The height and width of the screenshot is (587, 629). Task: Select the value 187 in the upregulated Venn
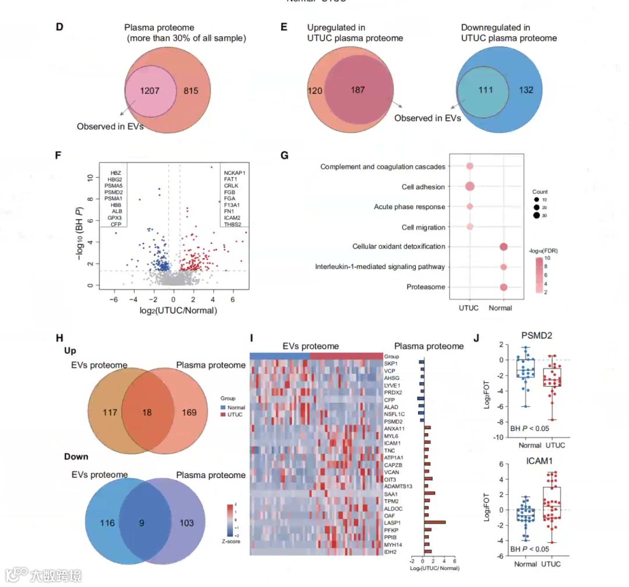(x=358, y=90)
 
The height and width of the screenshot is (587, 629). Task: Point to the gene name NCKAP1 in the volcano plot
(x=235, y=173)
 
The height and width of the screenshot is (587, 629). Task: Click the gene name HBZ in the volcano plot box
(x=115, y=173)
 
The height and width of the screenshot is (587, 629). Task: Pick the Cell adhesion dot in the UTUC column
(x=469, y=187)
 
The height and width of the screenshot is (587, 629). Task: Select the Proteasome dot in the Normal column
(x=503, y=287)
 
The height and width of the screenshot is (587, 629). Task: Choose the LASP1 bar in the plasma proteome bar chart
(x=435, y=522)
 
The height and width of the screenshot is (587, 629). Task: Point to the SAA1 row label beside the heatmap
(x=390, y=494)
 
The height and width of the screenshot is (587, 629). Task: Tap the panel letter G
(x=284, y=155)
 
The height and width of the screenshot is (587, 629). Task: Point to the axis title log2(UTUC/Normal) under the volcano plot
(x=178, y=311)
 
